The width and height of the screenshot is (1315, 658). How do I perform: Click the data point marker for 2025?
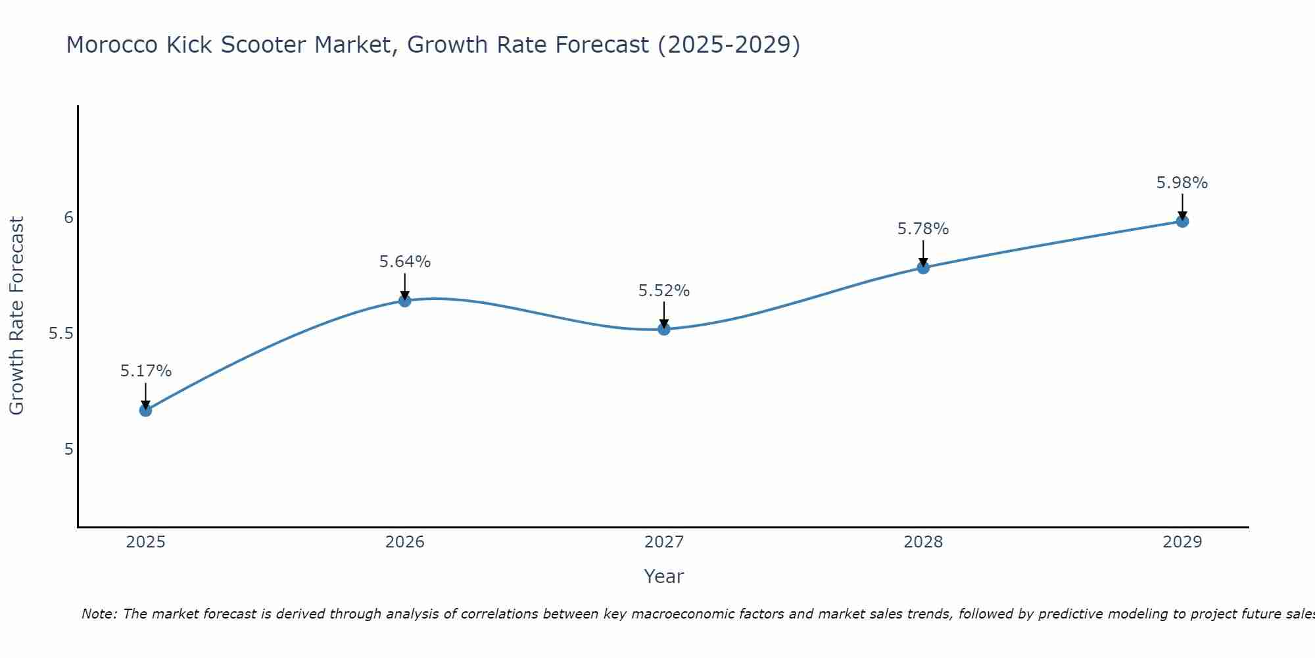pyautogui.click(x=145, y=411)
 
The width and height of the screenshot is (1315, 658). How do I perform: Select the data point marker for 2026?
pyautogui.click(x=405, y=301)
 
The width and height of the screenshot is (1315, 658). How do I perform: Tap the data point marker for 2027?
pyautogui.click(x=664, y=329)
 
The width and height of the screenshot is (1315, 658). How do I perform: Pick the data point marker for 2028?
pyautogui.click(x=923, y=268)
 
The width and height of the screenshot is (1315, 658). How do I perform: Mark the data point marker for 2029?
pyautogui.click(x=1182, y=221)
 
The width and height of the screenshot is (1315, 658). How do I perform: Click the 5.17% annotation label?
pyautogui.click(x=145, y=371)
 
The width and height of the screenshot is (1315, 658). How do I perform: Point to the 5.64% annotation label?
pyautogui.click(x=405, y=262)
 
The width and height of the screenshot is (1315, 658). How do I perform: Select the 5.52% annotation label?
pyautogui.click(x=664, y=291)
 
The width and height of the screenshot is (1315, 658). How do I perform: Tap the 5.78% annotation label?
pyautogui.click(x=923, y=229)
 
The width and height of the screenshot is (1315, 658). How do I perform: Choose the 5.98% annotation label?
pyautogui.click(x=1182, y=183)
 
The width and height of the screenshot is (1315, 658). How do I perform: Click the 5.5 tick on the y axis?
pyautogui.click(x=60, y=334)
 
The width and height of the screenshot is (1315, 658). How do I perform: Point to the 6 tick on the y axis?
pyautogui.click(x=68, y=217)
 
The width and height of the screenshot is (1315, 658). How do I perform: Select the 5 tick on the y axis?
pyautogui.click(x=68, y=449)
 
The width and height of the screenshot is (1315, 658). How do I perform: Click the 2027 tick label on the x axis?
pyautogui.click(x=664, y=542)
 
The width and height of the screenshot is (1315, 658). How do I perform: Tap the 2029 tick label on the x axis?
pyautogui.click(x=1182, y=542)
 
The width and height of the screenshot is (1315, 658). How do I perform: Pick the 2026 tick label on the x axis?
pyautogui.click(x=405, y=542)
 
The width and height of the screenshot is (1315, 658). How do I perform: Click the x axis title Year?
pyautogui.click(x=664, y=576)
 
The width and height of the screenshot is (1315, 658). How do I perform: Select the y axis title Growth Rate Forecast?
pyautogui.click(x=16, y=316)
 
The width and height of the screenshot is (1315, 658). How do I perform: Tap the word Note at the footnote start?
pyautogui.click(x=99, y=614)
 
